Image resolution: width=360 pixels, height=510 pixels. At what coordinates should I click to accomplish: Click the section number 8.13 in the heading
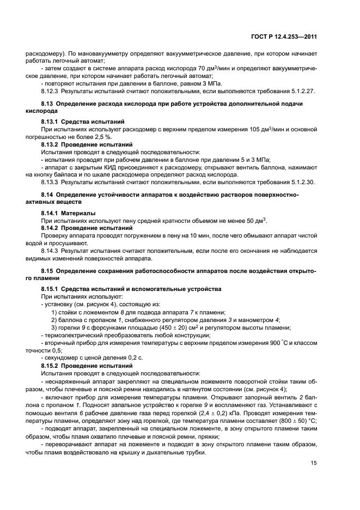(x=48, y=104)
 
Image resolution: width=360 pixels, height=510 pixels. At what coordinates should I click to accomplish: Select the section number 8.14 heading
(x=48, y=194)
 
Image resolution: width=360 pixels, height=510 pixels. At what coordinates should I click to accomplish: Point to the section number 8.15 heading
(x=48, y=270)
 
